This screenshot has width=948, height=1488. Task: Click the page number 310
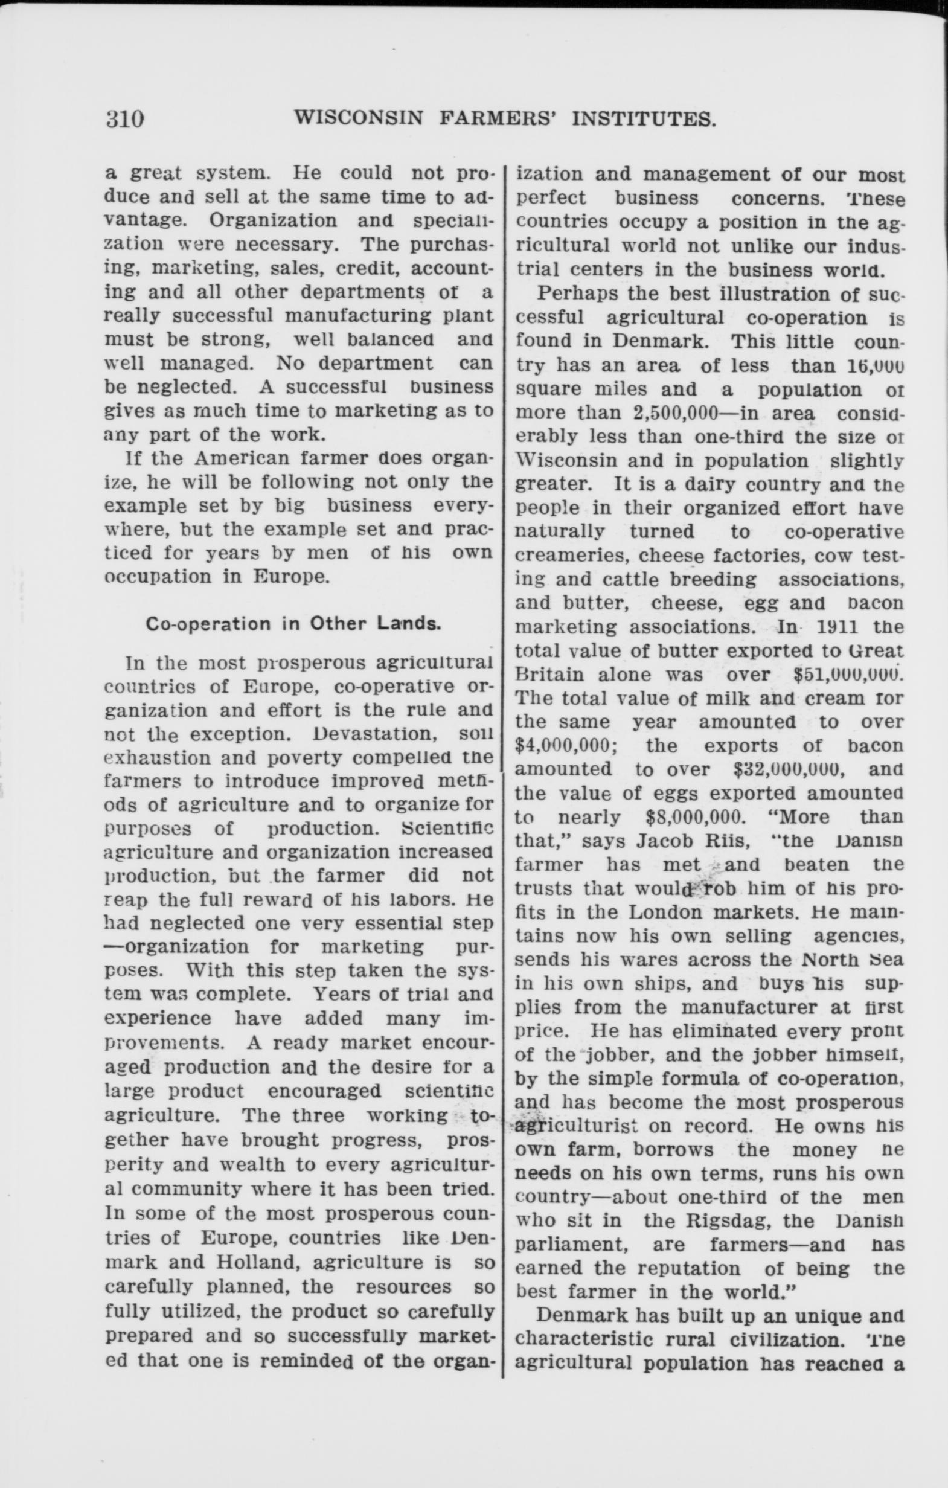click(x=125, y=118)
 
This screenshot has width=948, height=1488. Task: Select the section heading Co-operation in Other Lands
click(x=293, y=623)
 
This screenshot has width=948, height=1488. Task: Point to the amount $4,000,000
click(x=566, y=746)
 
